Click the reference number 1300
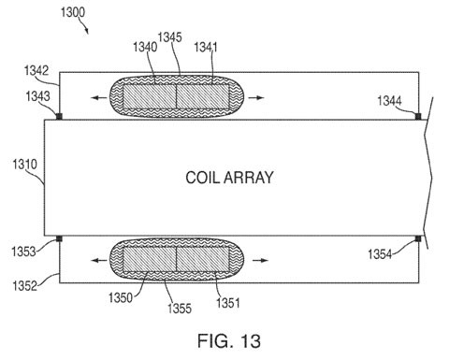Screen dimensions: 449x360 (x=73, y=12)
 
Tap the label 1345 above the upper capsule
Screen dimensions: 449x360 (x=169, y=37)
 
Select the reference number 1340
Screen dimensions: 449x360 (x=145, y=47)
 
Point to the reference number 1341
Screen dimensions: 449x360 (x=206, y=47)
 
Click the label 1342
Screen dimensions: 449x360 (x=36, y=71)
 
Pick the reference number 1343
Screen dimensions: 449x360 (x=37, y=96)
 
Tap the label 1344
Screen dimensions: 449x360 (x=390, y=101)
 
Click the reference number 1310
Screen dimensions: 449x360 (x=24, y=165)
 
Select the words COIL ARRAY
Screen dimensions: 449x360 (x=229, y=178)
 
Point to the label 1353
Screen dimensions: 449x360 (x=23, y=252)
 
